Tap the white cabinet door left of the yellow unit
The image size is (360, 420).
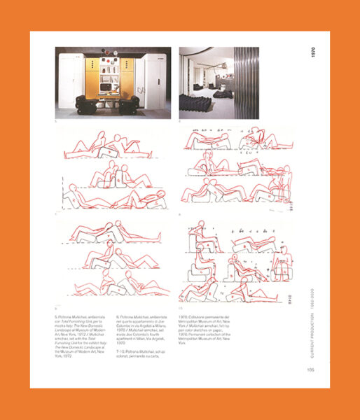point(71,82)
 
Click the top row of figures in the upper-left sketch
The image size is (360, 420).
point(112,146)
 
